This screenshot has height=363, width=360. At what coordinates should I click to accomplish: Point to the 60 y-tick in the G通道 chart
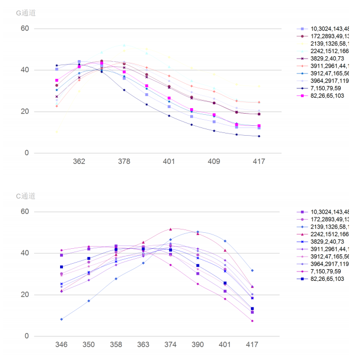pyautogui.click(x=25, y=28)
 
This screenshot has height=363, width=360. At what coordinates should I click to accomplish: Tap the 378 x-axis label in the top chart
pyautogui.click(x=124, y=162)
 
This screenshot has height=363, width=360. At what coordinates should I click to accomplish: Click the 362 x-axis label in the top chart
pyautogui.click(x=79, y=162)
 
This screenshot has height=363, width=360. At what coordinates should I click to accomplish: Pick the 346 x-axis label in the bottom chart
pyautogui.click(x=61, y=345)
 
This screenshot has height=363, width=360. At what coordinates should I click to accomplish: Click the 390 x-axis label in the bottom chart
pyautogui.click(x=197, y=345)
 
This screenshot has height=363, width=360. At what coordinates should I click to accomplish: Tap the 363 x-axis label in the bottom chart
pyautogui.click(x=143, y=345)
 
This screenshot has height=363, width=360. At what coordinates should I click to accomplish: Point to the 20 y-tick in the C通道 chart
pyautogui.click(x=25, y=295)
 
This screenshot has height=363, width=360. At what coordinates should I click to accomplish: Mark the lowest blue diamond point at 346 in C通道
pyautogui.click(x=61, y=319)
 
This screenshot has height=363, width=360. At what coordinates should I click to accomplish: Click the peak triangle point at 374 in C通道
pyautogui.click(x=170, y=229)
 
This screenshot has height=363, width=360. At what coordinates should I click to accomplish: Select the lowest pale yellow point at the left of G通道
pyautogui.click(x=57, y=131)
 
